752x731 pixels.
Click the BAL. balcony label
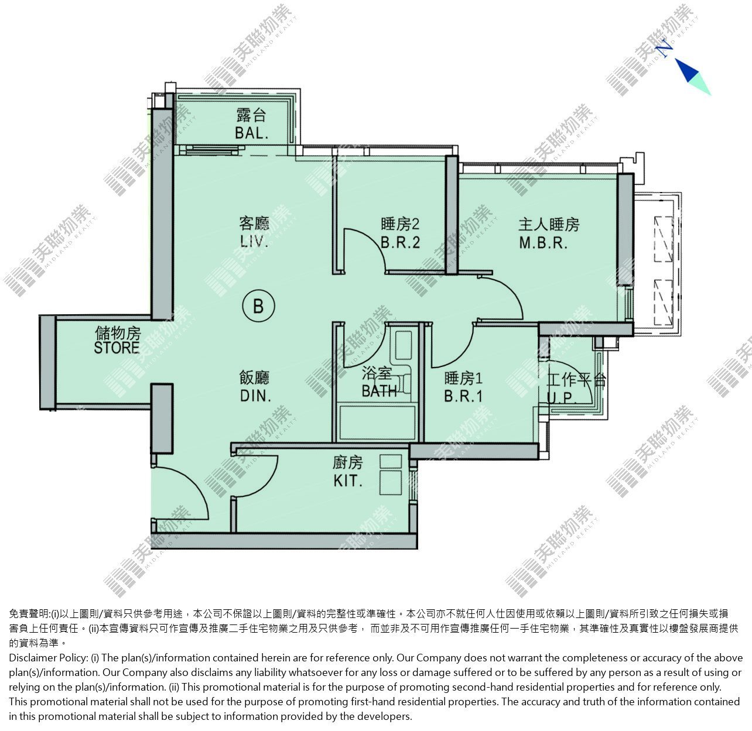click(252, 133)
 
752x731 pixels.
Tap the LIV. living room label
click(254, 242)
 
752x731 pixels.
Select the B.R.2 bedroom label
click(400, 242)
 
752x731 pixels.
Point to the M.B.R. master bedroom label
click(544, 243)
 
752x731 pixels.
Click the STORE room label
click(117, 348)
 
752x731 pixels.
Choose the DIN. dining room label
click(255, 396)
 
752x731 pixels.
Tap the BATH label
click(379, 391)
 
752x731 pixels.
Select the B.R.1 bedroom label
click(463, 396)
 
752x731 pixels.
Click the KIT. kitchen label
click(348, 481)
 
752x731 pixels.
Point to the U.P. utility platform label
click(562, 397)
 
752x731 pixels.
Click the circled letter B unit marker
click(258, 306)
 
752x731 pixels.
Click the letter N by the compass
click(665, 48)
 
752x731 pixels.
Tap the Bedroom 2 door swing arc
click(373, 239)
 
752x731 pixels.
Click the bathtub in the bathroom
click(376, 423)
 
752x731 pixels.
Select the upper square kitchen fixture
click(391, 461)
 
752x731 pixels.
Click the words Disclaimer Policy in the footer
click(48, 658)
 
